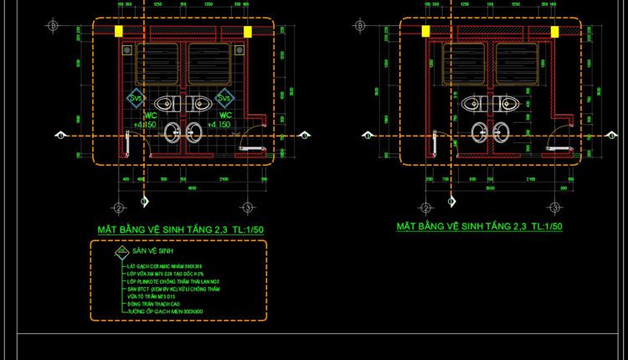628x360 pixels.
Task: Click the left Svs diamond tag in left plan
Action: (x=135, y=99)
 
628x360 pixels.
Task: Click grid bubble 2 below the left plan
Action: (x=119, y=208)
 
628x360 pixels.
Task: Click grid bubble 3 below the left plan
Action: (x=248, y=208)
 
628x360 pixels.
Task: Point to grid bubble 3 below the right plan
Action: (x=554, y=207)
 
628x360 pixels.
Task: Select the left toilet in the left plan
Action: (x=168, y=105)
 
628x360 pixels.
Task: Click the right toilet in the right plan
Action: (x=507, y=105)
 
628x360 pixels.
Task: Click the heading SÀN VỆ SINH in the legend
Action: (x=152, y=250)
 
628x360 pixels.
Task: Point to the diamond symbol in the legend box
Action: (x=121, y=250)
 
